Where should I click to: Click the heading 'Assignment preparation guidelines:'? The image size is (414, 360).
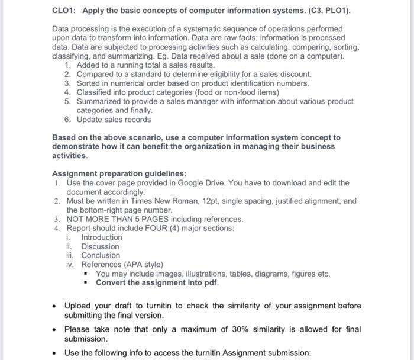coord(119,173)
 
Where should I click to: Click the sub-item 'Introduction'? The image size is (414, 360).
coord(102,237)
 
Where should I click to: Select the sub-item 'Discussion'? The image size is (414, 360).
coord(100,246)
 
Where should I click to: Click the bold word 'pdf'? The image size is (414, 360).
coord(211,282)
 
